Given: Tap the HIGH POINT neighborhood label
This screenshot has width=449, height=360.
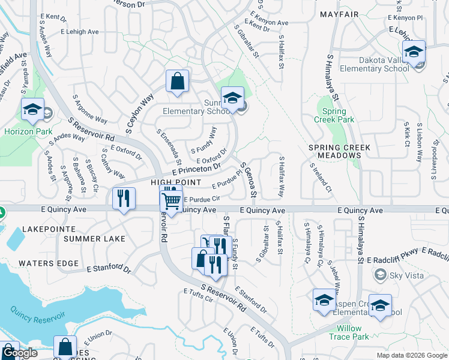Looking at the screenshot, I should pos(175,182).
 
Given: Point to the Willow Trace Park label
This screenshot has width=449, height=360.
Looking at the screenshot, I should pos(349,332).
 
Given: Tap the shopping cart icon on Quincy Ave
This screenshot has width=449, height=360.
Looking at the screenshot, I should pos(172,202).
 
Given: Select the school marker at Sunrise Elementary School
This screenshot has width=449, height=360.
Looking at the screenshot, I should pos(232,98).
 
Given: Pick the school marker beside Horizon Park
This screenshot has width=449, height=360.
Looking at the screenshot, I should pos(32,109).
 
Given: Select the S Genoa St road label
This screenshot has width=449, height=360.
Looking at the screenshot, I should pos(249,179).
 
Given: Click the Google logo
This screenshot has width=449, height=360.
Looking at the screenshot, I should pos(20,353).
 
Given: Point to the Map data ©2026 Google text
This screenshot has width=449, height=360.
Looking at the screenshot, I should pos(411,355).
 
